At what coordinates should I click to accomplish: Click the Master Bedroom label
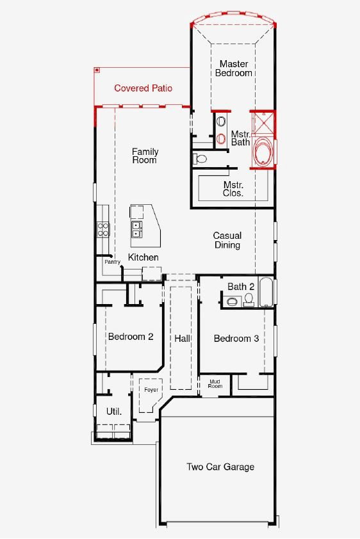[x=234, y=68]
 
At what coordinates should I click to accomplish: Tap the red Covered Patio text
[x=143, y=88]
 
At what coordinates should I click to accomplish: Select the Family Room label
[x=145, y=156]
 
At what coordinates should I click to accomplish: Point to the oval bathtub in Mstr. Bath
[x=264, y=151]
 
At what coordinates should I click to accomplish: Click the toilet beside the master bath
[x=200, y=159]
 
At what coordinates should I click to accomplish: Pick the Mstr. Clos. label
[x=233, y=189]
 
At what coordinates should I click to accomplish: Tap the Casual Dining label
[x=227, y=240]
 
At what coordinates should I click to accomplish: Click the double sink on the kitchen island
[x=136, y=229]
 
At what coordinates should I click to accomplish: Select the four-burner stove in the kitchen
[x=102, y=230]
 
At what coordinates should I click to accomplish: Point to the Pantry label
[x=113, y=262]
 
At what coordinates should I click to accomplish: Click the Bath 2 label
[x=241, y=287]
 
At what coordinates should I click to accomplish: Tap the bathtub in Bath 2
[x=266, y=292]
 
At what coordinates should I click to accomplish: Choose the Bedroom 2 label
[x=131, y=337]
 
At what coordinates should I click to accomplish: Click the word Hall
[x=182, y=339]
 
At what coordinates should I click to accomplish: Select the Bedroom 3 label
[x=236, y=339]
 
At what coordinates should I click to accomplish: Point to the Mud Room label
[x=215, y=384]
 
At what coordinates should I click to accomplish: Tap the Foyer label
[x=151, y=390]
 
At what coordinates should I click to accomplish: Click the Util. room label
[x=114, y=412]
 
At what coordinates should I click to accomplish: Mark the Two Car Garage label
[x=220, y=467]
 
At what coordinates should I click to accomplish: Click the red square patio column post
[x=97, y=70]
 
